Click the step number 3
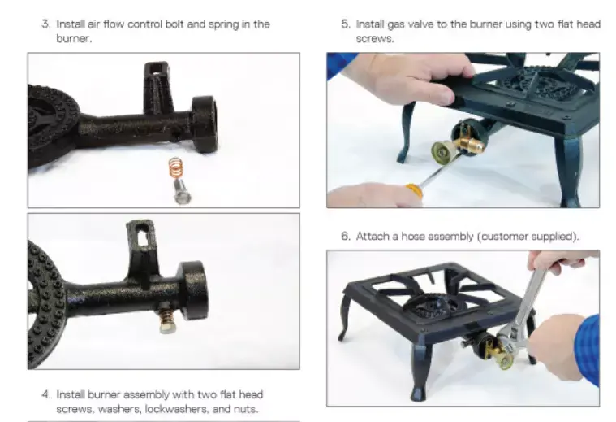point(46,24)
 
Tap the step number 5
point(345,24)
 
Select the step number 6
point(345,236)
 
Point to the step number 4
point(46,394)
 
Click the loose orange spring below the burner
point(176,168)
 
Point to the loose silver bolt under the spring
point(182,192)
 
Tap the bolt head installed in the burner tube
point(168,326)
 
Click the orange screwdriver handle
point(414,190)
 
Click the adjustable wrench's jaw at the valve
point(506,346)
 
